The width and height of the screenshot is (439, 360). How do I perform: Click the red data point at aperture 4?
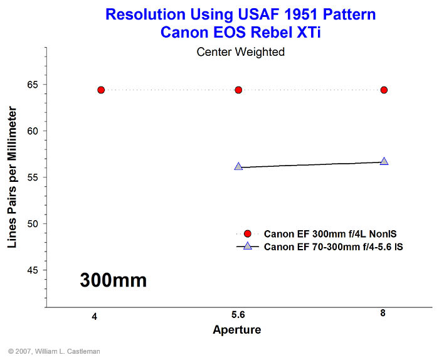pyautogui.click(x=101, y=90)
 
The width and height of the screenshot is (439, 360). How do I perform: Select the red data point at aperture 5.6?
pyautogui.click(x=238, y=90)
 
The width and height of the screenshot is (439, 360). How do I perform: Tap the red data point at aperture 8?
pyautogui.click(x=384, y=90)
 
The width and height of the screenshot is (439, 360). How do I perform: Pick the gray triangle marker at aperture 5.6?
pyautogui.click(x=238, y=167)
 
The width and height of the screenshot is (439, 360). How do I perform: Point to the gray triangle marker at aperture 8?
pyautogui.click(x=384, y=162)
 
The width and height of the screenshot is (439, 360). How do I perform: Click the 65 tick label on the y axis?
pyautogui.click(x=33, y=85)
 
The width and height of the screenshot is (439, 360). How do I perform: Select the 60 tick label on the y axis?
pyautogui.click(x=33, y=131)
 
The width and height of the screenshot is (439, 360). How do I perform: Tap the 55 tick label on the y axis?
pyautogui.click(x=33, y=177)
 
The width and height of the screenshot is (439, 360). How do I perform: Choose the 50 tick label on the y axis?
pyautogui.click(x=33, y=224)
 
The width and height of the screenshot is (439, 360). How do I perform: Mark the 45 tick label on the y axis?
pyautogui.click(x=33, y=270)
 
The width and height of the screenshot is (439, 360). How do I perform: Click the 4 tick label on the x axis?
pyautogui.click(x=95, y=317)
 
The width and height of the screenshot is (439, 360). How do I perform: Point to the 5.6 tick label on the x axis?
pyautogui.click(x=238, y=315)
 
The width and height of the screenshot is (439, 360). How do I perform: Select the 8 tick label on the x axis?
pyautogui.click(x=383, y=313)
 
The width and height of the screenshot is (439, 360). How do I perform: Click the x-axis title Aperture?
pyautogui.click(x=237, y=330)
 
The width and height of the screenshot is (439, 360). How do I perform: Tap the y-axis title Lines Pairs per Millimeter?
pyautogui.click(x=12, y=177)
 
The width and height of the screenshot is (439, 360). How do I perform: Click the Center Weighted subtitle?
pyautogui.click(x=240, y=52)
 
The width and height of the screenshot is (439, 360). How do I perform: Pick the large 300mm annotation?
pyautogui.click(x=113, y=280)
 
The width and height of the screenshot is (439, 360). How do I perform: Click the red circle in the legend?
pyautogui.click(x=248, y=234)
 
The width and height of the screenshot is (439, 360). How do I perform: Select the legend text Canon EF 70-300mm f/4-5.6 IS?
pyautogui.click(x=333, y=247)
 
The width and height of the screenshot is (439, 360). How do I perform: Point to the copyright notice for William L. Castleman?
pyautogui.click(x=54, y=351)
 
